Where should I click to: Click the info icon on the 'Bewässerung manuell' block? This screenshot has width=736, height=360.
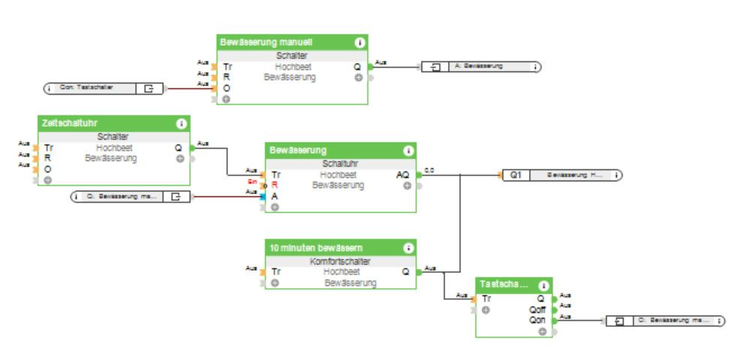359,43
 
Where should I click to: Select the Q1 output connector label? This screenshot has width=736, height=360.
515,175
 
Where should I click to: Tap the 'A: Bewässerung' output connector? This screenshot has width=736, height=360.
481,66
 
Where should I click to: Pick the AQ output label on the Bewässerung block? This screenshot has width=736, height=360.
402,175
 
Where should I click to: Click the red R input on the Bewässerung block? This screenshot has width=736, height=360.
275,184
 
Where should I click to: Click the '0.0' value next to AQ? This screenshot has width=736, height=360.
429,170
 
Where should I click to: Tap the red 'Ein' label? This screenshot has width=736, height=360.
254,181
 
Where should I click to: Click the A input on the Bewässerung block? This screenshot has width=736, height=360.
275,196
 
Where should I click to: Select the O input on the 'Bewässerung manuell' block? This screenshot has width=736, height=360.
227,88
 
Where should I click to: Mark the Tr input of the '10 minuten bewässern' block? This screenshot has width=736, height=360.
275,272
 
